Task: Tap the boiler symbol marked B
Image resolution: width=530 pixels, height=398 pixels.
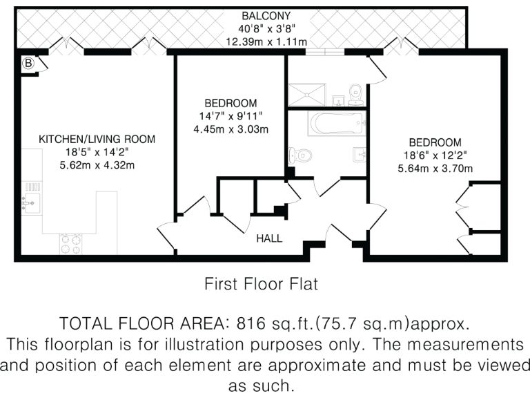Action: tap(29, 63)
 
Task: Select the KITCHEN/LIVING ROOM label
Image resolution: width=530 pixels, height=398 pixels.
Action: tap(97, 140)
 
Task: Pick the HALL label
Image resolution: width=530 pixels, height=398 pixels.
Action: tap(269, 238)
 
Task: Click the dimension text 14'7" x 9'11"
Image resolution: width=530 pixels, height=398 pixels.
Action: tap(230, 115)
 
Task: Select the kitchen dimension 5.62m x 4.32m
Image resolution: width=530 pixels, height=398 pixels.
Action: tap(97, 164)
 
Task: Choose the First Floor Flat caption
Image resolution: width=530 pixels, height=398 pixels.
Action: tap(260, 283)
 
